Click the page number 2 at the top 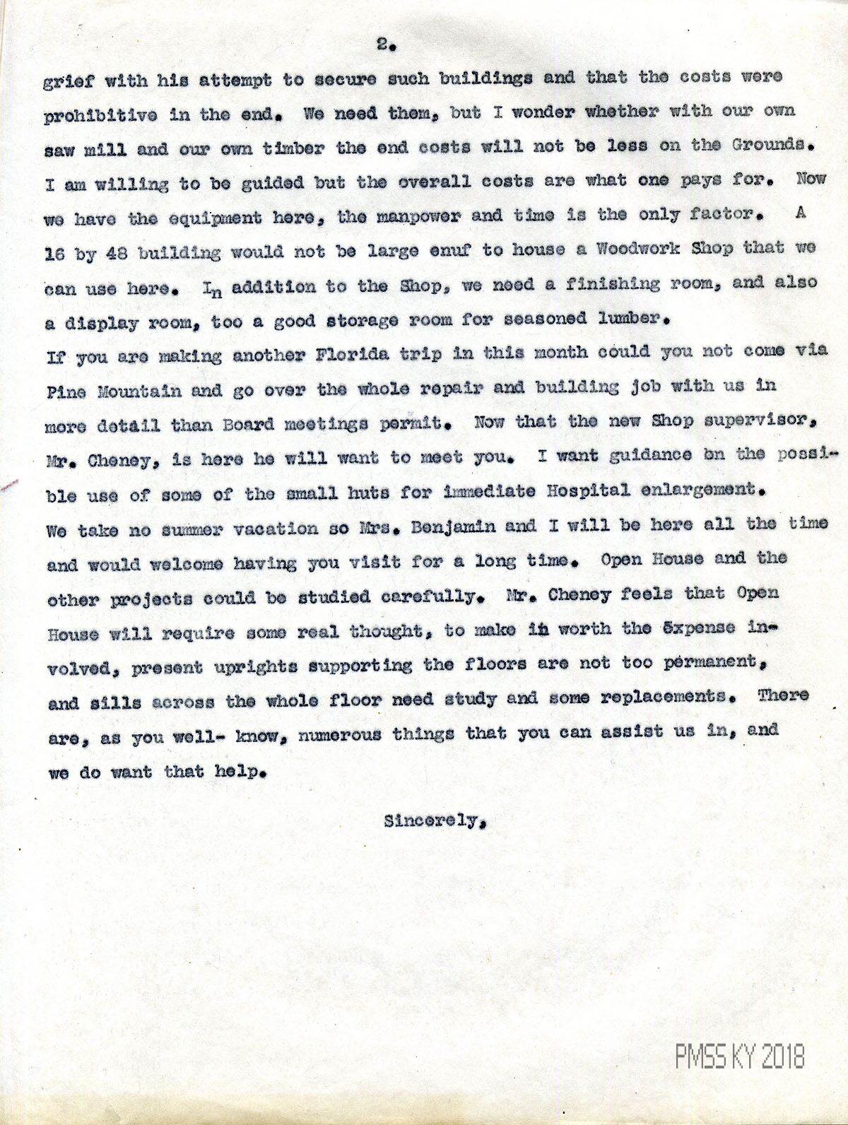tap(383, 45)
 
